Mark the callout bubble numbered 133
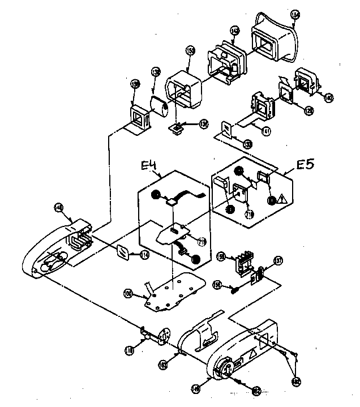pyautogui.click(x=248, y=145)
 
